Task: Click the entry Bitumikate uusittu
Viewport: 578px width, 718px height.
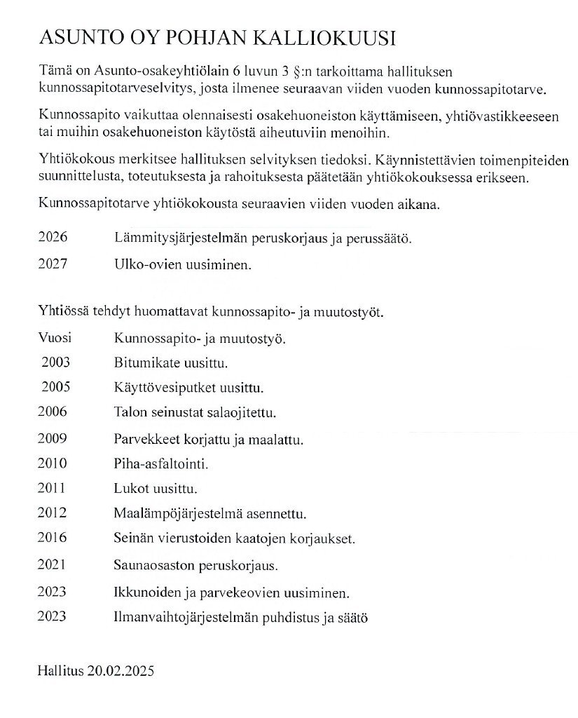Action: click(x=171, y=363)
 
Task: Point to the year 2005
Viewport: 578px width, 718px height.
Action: click(x=55, y=387)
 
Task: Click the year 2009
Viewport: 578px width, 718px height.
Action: click(x=53, y=439)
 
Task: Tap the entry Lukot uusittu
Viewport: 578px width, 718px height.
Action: click(x=155, y=488)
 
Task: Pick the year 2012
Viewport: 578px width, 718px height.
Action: click(x=53, y=513)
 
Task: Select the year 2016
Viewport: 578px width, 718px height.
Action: click(x=53, y=538)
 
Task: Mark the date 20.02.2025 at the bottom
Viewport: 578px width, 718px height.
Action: click(x=121, y=671)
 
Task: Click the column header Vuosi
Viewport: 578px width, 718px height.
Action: click(x=54, y=338)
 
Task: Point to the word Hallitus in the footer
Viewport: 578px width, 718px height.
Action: click(x=60, y=671)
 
